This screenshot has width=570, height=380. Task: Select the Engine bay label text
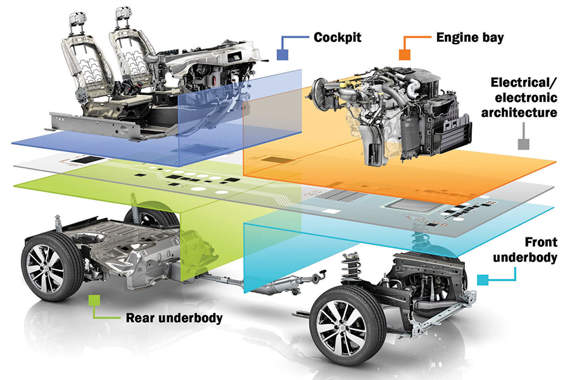(x=469, y=37)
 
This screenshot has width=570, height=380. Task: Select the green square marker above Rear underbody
(x=94, y=300)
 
